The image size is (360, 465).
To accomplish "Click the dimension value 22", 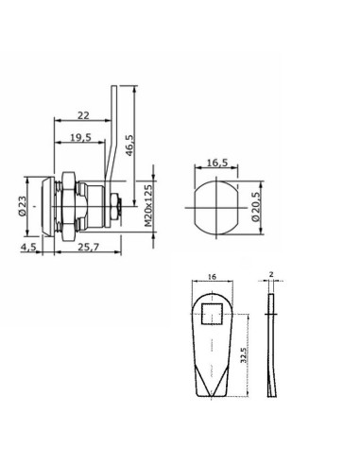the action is [x=83, y=115].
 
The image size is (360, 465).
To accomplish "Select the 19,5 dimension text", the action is [x=80, y=137].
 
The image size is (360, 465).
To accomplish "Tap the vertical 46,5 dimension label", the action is [x=129, y=146].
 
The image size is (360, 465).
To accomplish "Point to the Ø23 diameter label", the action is [x=22, y=206].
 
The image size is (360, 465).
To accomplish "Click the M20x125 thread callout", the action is [x=148, y=206].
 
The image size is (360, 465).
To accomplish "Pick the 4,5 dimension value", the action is [x=28, y=248].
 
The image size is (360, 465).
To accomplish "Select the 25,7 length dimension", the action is [x=89, y=248].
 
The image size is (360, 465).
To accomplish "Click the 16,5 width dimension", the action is [x=217, y=163].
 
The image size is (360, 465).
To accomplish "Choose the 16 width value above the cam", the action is [x=213, y=277].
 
